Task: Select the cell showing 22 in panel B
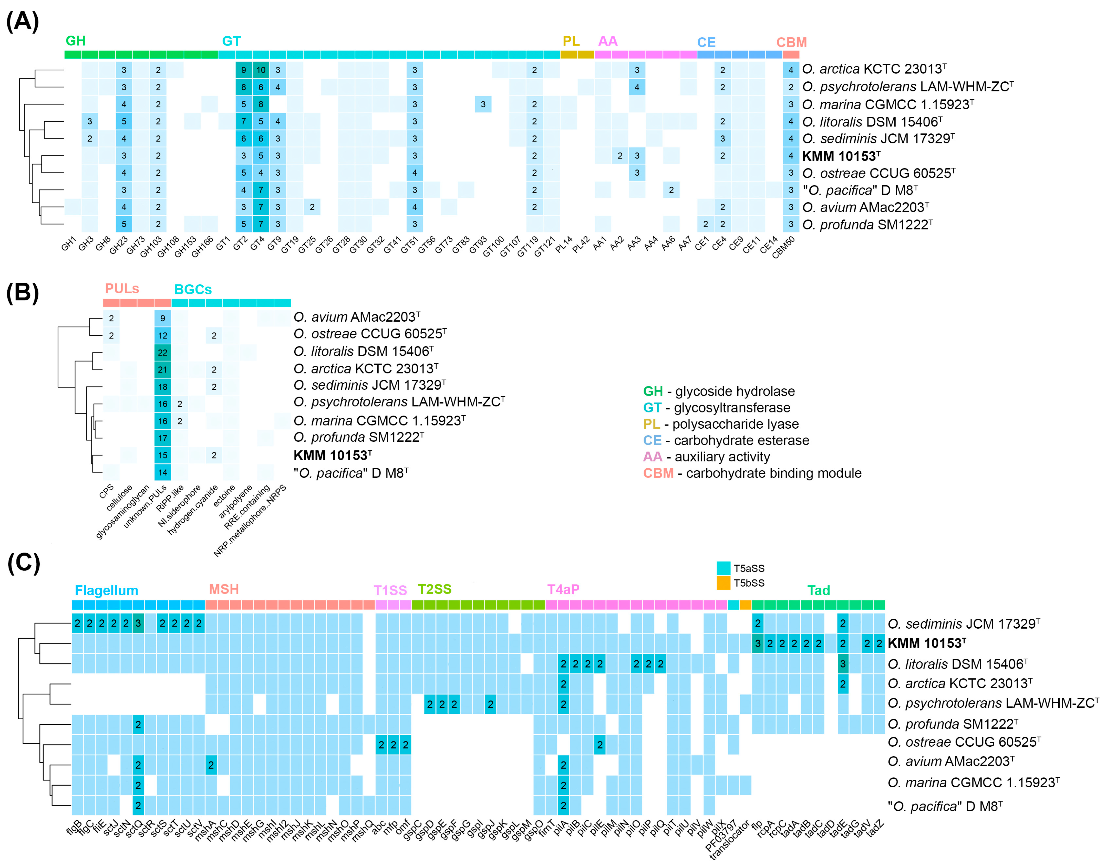(162, 352)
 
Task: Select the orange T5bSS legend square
(723, 583)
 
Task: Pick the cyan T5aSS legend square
(723, 568)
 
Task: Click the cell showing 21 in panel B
(162, 369)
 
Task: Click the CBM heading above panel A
(791, 42)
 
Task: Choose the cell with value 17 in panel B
(162, 438)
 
